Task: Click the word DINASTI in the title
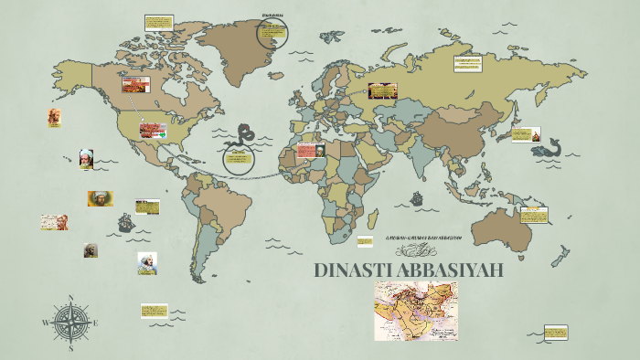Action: click(351, 271)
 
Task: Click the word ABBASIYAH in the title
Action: click(446, 271)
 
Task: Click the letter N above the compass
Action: click(71, 297)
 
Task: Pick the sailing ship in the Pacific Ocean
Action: click(126, 222)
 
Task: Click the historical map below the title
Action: click(416, 311)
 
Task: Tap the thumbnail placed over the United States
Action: click(152, 130)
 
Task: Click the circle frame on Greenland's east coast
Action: click(272, 34)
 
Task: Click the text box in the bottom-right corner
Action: click(556, 331)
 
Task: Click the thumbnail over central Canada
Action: click(137, 85)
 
